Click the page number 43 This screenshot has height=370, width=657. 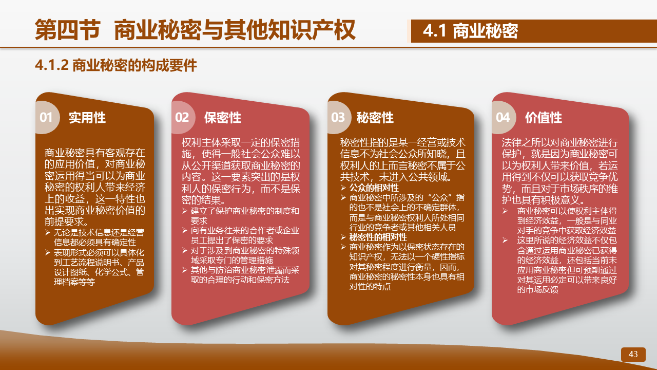633,354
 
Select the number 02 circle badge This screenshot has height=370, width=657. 183,118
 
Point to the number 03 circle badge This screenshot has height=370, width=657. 339,118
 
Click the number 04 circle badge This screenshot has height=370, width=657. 504,118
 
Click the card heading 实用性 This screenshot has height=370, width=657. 87,118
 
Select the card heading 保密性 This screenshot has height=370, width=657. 223,118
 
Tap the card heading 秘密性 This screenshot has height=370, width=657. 375,118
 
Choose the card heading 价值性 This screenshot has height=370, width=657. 544,118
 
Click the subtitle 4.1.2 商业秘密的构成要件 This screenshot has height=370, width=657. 116,65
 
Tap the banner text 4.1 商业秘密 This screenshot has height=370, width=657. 470,31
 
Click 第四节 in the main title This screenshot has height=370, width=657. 68,30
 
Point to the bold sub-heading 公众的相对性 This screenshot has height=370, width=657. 374,188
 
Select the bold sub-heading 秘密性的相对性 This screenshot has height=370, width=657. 378,237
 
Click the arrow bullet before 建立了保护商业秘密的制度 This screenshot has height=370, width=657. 184,211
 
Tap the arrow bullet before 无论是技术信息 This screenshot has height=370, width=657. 48,233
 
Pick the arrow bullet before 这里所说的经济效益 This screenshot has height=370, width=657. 505,240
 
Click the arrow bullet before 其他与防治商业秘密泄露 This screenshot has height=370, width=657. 184,270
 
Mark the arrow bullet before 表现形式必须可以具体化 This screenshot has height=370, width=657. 48,252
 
